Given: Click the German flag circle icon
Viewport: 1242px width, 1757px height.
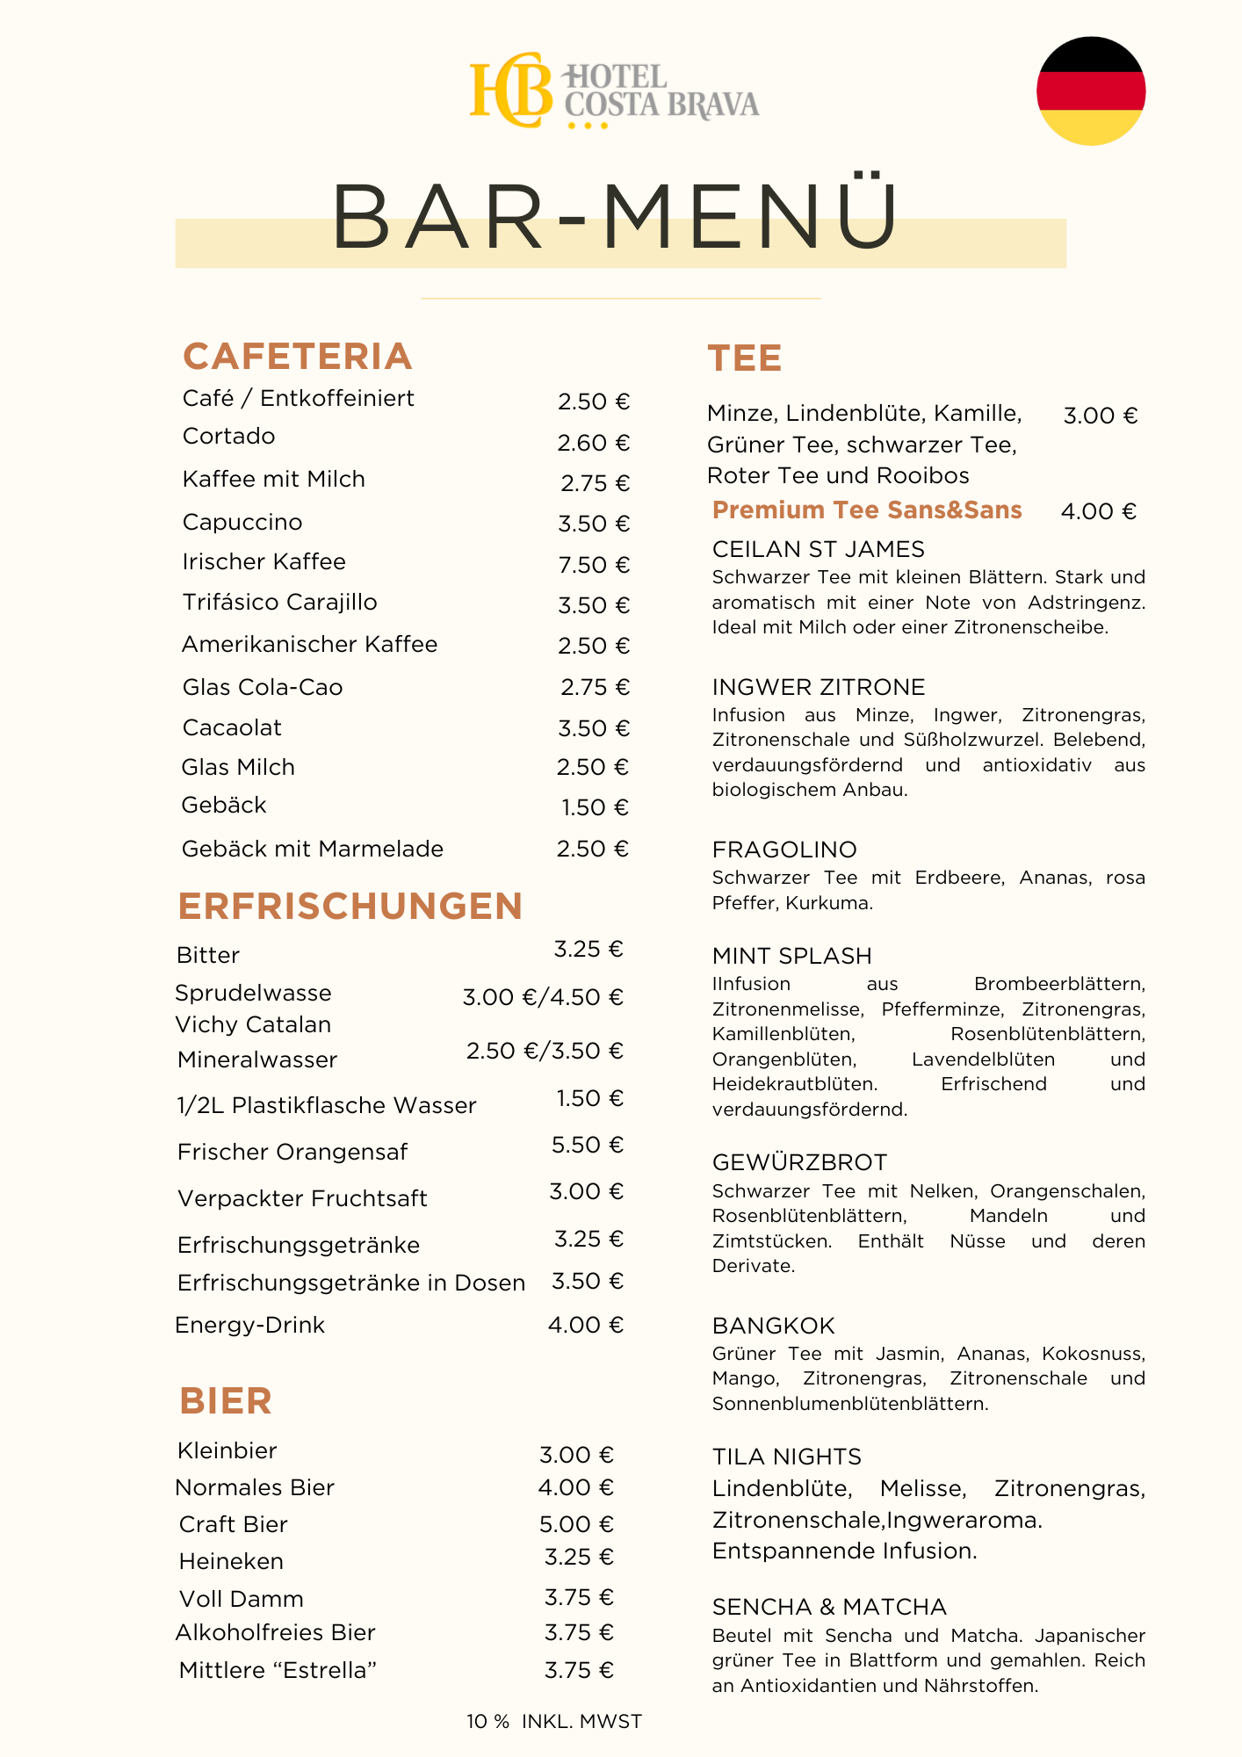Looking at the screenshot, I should (1091, 90).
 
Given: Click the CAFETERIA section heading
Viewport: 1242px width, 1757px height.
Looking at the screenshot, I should (297, 357).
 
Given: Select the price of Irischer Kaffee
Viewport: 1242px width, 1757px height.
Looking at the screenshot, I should (594, 565).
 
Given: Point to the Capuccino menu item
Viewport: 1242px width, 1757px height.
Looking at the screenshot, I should (242, 523).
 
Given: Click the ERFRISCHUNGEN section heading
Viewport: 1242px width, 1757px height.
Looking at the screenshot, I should (350, 907).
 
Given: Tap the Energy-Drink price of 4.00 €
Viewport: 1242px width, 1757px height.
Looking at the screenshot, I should (585, 1325).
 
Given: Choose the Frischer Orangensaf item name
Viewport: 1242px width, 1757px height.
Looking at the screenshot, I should (292, 1152).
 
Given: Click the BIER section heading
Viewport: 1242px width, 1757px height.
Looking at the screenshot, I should (226, 1401).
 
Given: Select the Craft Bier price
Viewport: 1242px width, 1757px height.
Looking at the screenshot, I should (576, 1524).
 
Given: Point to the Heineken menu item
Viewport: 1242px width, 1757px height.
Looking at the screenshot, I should (231, 1561).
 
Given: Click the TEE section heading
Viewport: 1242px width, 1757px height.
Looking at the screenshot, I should (745, 358).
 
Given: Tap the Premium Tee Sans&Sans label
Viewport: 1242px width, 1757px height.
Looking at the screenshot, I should (867, 510).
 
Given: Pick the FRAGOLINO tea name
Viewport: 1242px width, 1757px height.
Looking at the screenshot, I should (784, 850).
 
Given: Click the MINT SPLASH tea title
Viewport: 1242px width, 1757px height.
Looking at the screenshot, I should (791, 956).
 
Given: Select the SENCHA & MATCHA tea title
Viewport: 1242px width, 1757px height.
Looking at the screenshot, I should (829, 1607).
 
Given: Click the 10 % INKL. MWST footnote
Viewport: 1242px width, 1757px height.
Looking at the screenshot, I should (554, 1722).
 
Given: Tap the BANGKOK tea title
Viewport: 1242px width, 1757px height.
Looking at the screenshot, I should (773, 1326).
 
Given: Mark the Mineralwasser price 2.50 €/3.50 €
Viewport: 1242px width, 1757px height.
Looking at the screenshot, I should (545, 1051).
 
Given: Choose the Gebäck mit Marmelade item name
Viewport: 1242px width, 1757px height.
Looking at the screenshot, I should (313, 849).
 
